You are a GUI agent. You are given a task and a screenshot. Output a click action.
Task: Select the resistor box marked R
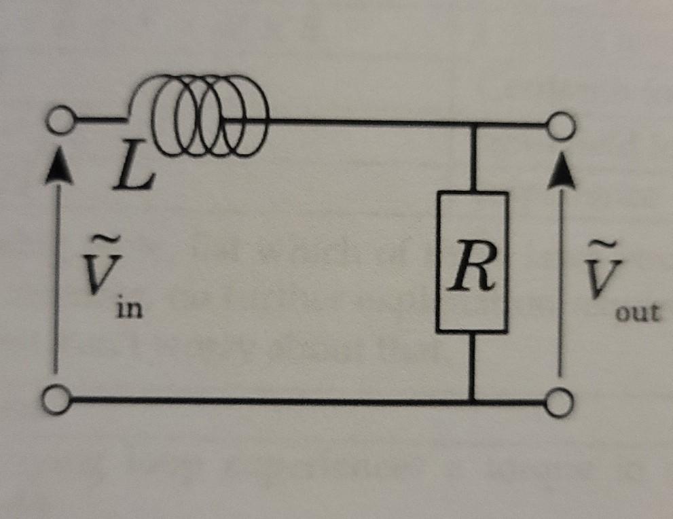pyautogui.click(x=472, y=262)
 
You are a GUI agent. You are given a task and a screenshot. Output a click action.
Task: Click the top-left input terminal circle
pyautogui.click(x=60, y=121)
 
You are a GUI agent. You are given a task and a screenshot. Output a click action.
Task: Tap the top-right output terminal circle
pyautogui.click(x=562, y=125)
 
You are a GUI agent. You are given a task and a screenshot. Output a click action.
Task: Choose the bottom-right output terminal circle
pyautogui.click(x=559, y=404)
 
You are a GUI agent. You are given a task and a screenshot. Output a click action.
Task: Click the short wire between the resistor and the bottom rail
pyautogui.click(x=472, y=367)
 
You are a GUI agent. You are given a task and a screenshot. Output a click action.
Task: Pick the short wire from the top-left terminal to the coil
pyautogui.click(x=101, y=121)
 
